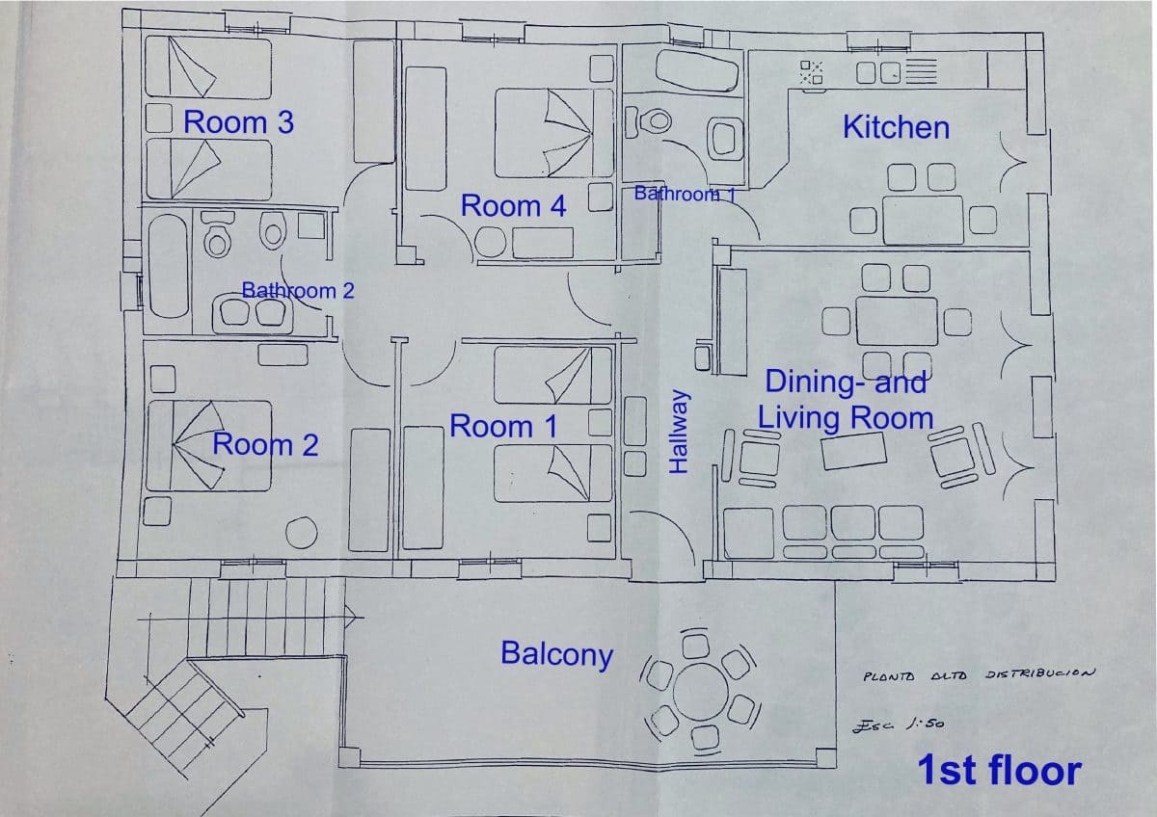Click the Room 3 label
238,122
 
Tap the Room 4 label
513,205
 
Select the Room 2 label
265,444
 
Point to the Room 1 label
503,426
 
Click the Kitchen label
896,127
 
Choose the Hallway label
680,432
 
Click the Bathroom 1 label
685,194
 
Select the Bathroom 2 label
297,290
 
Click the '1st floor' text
998,771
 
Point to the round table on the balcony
701,690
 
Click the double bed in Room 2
207,446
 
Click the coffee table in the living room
853,451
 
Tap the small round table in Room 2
303,533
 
